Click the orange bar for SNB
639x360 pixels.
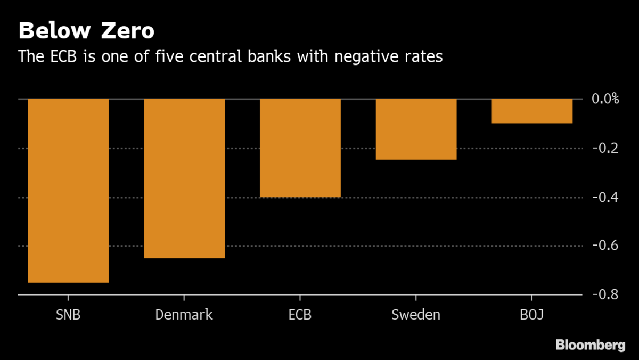pos(68,190)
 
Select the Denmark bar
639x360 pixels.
pos(184,178)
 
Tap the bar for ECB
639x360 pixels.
pos(300,148)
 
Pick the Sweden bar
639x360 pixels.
pos(416,129)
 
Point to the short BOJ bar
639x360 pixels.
pos(532,111)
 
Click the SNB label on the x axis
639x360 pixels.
pos(68,315)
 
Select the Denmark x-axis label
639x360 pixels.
pos(184,315)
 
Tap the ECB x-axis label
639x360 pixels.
pos(300,315)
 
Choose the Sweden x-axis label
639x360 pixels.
pos(416,315)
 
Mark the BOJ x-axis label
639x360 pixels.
pos(532,315)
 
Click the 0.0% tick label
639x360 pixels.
pos(605,99)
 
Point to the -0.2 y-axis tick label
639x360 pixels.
pos(605,148)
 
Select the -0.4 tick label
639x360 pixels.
pos(605,197)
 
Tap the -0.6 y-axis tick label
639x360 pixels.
pos(605,246)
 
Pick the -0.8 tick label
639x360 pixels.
pos(605,294)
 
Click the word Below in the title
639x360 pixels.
pos(52,31)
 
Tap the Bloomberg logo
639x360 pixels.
pos(591,346)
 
